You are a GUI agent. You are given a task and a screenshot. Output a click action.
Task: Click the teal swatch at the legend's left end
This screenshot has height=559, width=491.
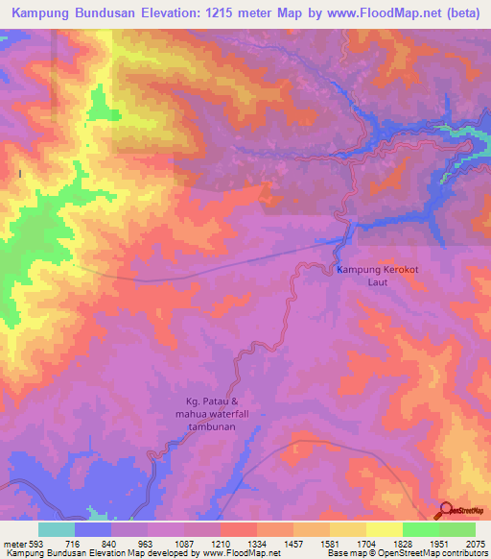click(x=57, y=529)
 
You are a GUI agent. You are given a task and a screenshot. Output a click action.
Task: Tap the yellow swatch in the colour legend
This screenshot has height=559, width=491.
click(x=385, y=529)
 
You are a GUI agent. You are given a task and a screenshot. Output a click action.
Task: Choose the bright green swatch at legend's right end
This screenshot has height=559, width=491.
click(x=457, y=529)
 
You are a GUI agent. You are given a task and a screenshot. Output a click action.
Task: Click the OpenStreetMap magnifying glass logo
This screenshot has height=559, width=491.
click(x=445, y=510)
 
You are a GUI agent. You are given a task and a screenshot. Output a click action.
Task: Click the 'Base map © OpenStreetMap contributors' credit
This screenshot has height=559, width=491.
click(x=407, y=554)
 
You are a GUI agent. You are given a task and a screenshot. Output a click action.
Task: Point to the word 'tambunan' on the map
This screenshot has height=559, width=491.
click(x=223, y=429)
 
